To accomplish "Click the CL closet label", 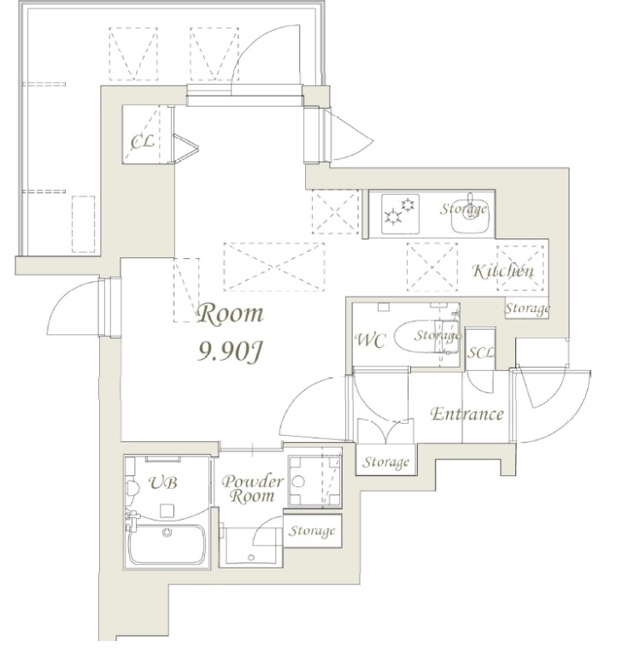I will [142, 141].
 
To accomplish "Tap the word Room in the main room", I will [230, 314].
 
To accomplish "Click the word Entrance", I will [466, 415].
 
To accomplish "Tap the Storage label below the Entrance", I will [386, 462].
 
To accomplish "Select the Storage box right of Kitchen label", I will [526, 308].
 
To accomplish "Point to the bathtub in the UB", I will [167, 544].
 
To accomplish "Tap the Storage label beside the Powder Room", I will [311, 532].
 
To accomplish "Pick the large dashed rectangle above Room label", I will [274, 265].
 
